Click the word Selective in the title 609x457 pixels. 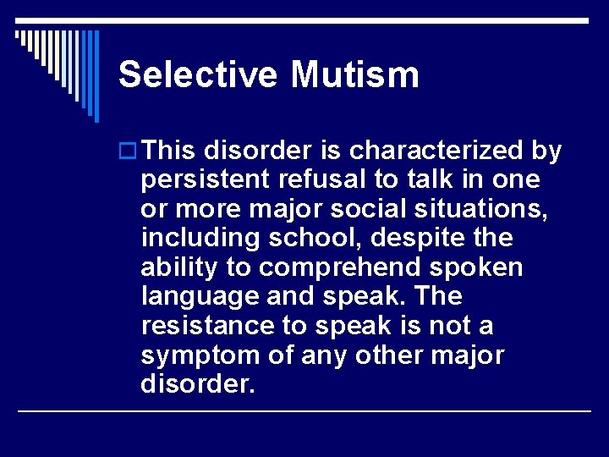[198, 74]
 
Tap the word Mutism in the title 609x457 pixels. [354, 74]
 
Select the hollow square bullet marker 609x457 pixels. [128, 151]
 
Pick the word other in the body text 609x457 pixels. [390, 355]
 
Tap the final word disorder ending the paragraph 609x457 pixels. [196, 384]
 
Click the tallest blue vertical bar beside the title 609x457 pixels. [96, 76]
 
